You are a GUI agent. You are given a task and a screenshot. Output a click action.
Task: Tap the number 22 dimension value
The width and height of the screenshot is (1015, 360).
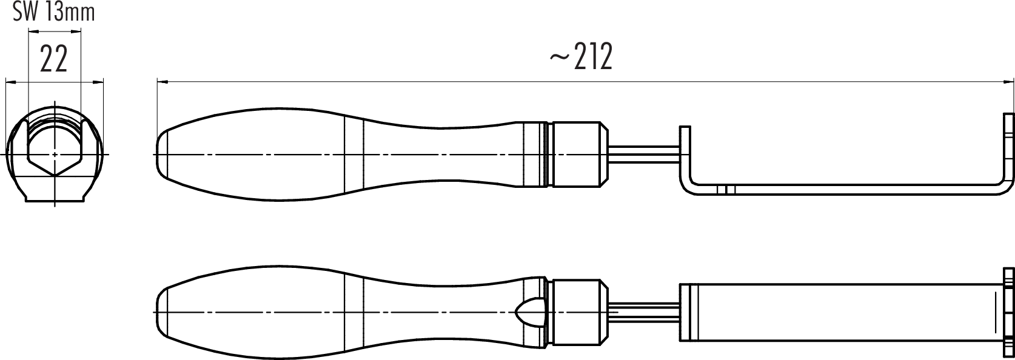tap(54, 59)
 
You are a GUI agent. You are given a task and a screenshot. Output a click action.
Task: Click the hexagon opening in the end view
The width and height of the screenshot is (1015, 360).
tap(55, 146)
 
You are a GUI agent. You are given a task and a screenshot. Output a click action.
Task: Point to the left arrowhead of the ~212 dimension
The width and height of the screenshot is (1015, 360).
tap(162, 82)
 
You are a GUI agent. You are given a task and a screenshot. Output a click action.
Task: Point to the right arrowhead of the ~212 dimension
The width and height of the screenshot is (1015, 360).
tap(1009, 82)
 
